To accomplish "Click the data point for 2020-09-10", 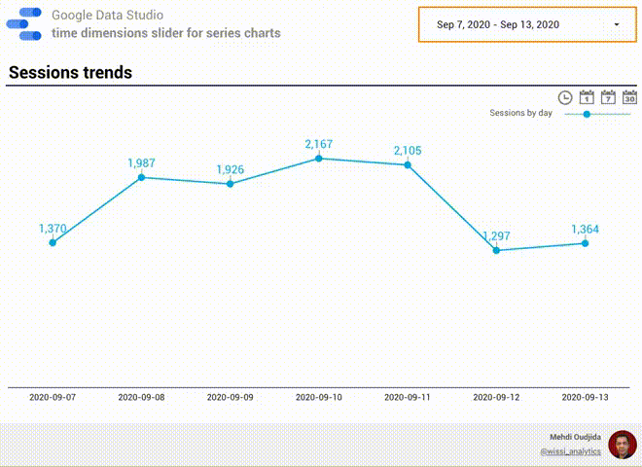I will coord(319,158).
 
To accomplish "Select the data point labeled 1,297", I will coord(496,250).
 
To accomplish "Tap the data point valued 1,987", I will coord(141,177).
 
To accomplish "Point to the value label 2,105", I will coord(408,150).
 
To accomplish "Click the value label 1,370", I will coord(53,229).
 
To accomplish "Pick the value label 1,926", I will coord(230,169).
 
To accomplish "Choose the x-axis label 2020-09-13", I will coord(585,397).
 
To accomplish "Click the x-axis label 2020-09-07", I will coord(53,397).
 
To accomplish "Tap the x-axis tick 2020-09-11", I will coord(408,397).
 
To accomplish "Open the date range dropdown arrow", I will coord(617,23).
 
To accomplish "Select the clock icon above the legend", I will coord(565,97).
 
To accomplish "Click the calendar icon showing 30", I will coord(629,97).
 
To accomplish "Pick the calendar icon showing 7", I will coord(608,97).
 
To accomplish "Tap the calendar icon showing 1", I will coord(587,97).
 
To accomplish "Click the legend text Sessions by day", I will coord(520,114).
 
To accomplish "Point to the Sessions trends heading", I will coord(70,73).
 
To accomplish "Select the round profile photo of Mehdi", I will coord(623,445).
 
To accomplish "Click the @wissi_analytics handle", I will coord(570,452).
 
